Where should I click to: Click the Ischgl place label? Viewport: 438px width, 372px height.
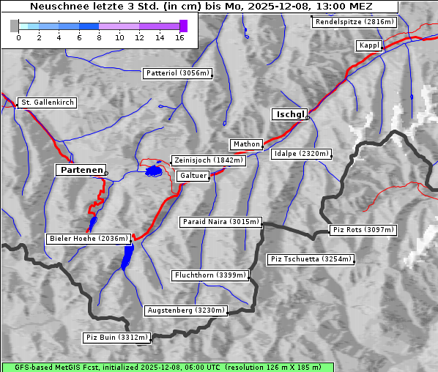point(289,114)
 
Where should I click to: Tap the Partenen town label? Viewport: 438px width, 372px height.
point(81,169)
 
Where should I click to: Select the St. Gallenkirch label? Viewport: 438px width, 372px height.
point(47,103)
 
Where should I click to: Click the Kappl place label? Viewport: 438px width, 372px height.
point(368,45)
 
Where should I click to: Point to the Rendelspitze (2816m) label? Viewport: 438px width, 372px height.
point(355,22)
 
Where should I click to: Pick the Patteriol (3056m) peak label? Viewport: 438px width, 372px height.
point(177,73)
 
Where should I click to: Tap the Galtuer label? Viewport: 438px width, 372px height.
point(193,176)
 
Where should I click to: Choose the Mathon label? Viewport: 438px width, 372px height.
point(245,144)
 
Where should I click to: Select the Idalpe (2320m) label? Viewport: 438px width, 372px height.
point(301,154)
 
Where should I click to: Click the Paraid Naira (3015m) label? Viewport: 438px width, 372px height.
point(220,221)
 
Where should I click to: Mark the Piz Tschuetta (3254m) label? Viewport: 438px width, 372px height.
point(311,259)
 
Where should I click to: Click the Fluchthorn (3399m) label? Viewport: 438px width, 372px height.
point(210,275)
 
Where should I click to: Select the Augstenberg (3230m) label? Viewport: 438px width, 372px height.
point(185,310)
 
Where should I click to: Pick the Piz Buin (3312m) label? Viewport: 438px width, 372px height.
point(116,338)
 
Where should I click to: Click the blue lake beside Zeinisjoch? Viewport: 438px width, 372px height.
point(154,171)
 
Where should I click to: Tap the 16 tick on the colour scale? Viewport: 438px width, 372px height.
point(179,37)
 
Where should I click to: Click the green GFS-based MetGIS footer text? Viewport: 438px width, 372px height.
point(167,367)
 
